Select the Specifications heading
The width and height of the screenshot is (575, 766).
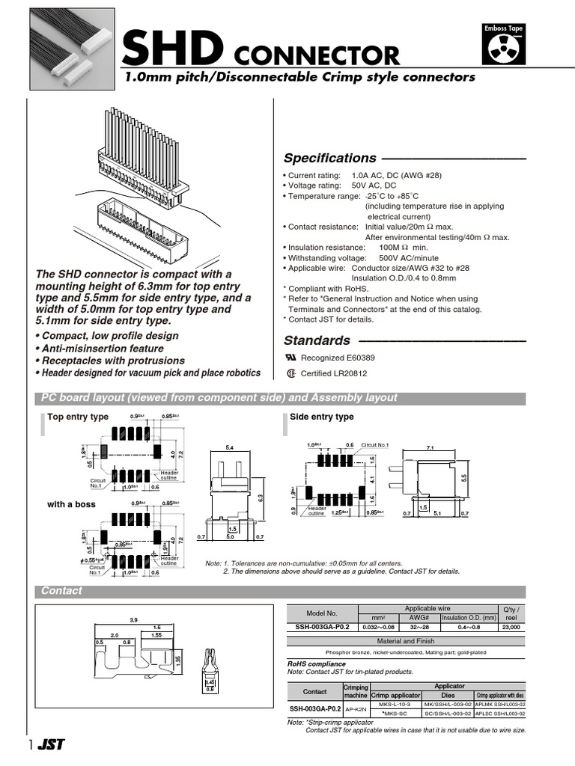coord(329,158)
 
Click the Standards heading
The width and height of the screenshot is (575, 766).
coord(317,340)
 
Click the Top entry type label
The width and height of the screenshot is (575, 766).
coord(78,417)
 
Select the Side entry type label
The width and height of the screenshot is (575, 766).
coord(322,417)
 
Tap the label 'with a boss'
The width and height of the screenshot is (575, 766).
coord(71,504)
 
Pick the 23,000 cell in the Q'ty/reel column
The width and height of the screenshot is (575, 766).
coord(512,627)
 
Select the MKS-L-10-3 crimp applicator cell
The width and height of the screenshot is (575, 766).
coord(396,704)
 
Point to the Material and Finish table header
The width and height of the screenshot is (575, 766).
coord(405,641)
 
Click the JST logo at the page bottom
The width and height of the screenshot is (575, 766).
coord(52,745)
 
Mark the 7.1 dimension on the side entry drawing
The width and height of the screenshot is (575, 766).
coord(430,447)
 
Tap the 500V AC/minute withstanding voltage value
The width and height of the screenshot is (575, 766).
coord(409,257)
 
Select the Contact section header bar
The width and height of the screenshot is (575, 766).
coord(62,591)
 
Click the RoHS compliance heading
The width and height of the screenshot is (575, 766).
coord(316,664)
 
